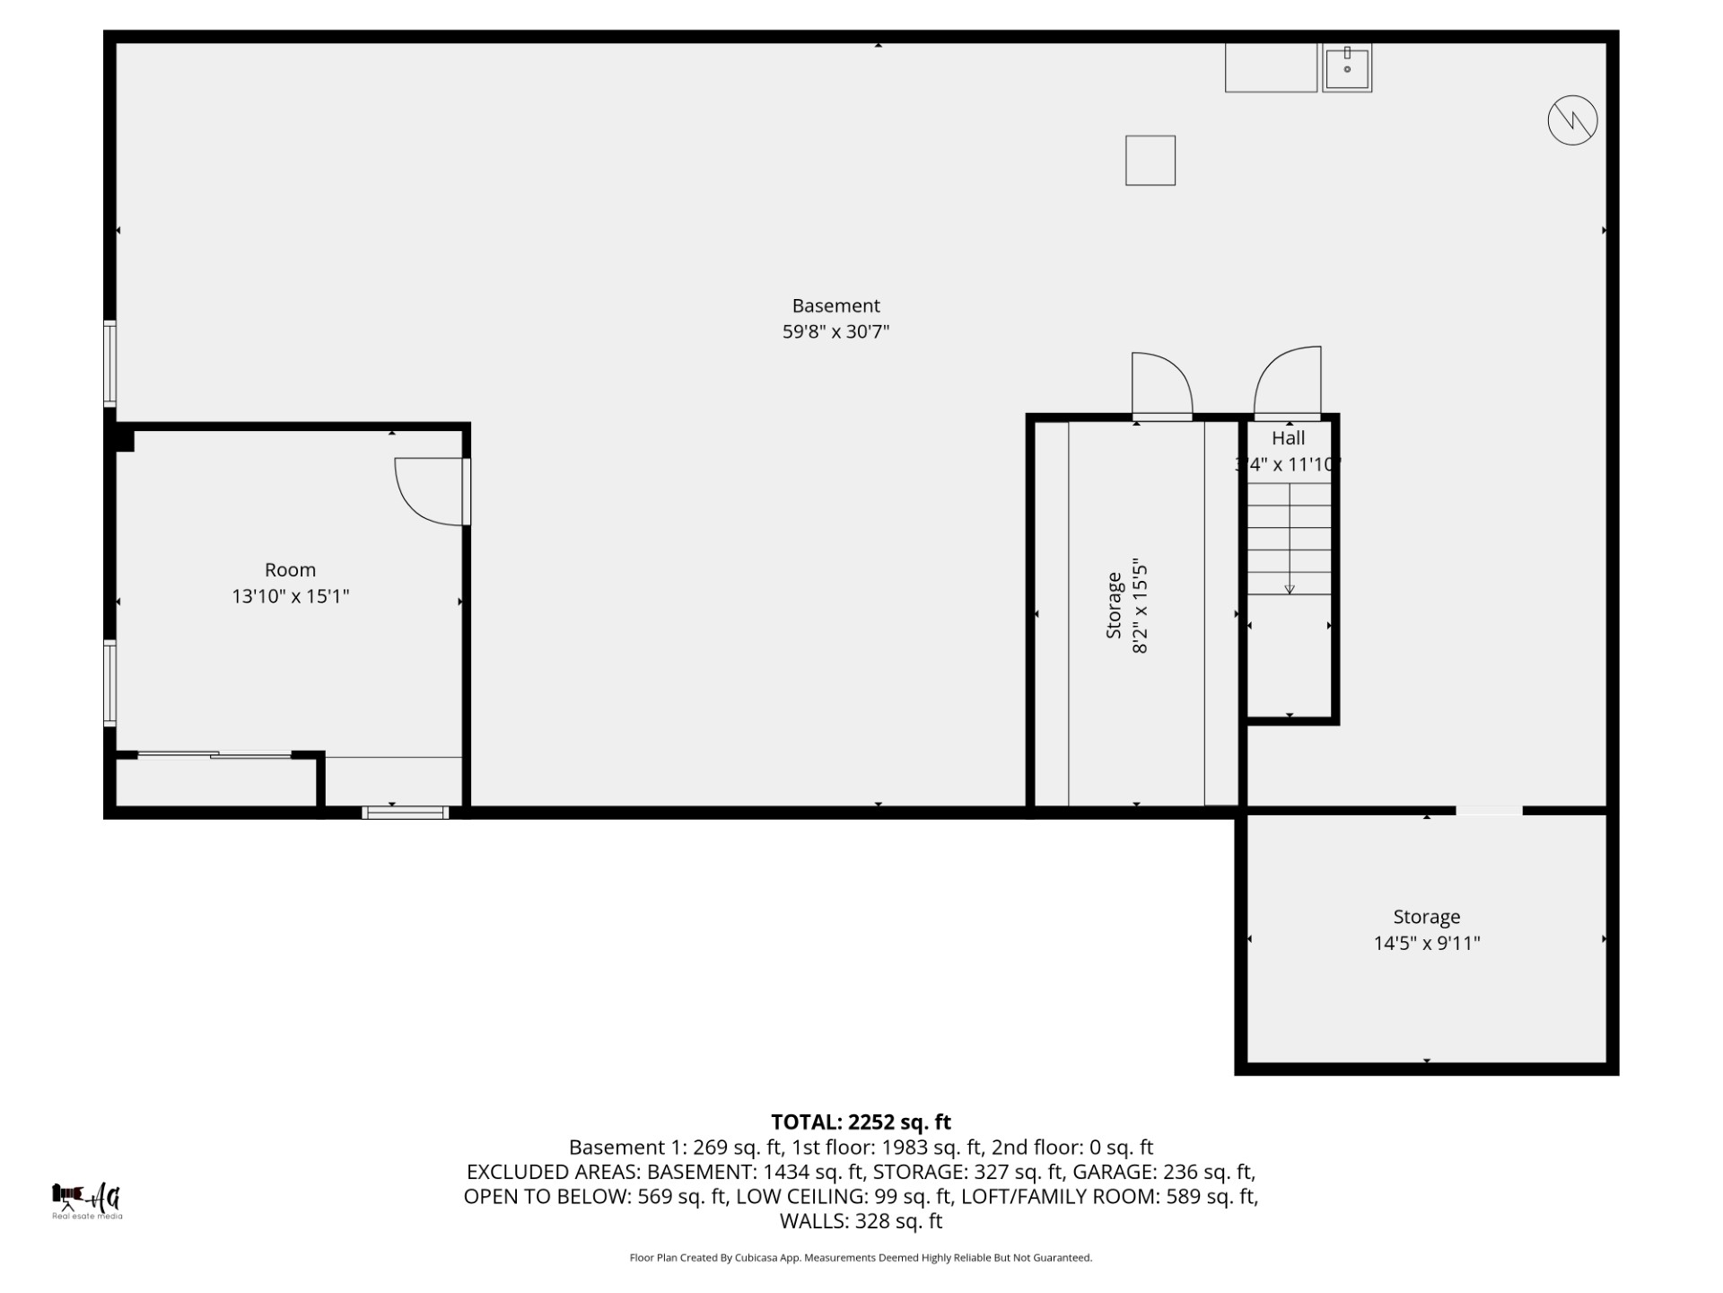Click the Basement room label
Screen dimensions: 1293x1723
tap(835, 306)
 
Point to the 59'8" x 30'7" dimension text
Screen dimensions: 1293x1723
tap(835, 332)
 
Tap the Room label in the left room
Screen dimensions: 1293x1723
tap(290, 570)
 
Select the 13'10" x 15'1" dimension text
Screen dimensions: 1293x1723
tap(290, 596)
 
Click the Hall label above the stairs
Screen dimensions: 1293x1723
tap(1288, 438)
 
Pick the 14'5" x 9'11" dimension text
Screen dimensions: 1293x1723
tap(1426, 943)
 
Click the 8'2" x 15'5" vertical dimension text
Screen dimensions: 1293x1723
tap(1141, 607)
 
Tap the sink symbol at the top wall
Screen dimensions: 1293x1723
tap(1346, 67)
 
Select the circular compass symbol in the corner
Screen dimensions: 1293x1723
tap(1572, 119)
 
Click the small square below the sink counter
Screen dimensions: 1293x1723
tap(1150, 161)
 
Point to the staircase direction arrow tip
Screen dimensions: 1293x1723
tap(1290, 590)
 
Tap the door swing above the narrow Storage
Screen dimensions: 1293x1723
tap(1161, 384)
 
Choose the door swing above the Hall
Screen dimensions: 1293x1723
tap(1288, 382)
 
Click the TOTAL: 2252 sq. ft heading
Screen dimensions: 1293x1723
tap(861, 1122)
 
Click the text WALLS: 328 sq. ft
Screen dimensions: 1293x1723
tap(861, 1221)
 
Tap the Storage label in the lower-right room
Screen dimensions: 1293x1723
tap(1426, 917)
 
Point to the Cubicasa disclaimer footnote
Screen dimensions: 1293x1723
tap(861, 1258)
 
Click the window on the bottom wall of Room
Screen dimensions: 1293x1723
tap(405, 813)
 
